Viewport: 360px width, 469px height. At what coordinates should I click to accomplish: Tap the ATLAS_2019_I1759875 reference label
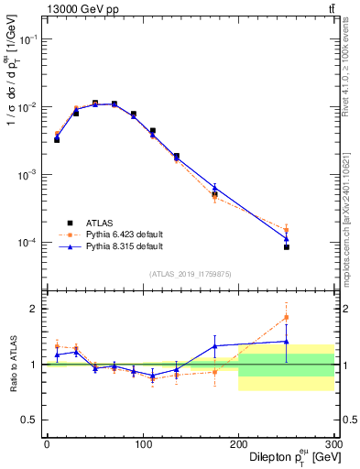click(191, 273)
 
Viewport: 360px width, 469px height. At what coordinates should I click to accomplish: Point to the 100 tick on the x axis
click(142, 444)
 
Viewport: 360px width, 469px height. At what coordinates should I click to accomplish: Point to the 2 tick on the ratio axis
click(35, 309)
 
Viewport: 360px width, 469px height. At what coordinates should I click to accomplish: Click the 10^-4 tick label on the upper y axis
click(27, 243)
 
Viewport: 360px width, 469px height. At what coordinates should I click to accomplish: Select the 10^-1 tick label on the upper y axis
click(27, 39)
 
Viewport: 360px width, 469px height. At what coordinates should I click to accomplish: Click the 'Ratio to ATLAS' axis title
click(11, 364)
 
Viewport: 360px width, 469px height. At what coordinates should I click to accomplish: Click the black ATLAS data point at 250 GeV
click(287, 247)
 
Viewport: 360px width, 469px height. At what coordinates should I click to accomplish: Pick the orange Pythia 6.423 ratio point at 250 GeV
click(287, 318)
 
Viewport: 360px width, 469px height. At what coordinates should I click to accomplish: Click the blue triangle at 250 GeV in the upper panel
click(287, 239)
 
